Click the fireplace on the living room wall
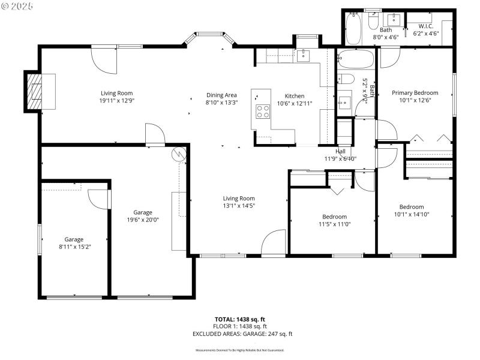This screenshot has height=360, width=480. pos(35,92)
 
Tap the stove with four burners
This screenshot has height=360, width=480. pos(263,111)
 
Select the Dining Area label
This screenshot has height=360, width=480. pos(222,95)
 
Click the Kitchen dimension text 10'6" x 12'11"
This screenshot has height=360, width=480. pos(294,104)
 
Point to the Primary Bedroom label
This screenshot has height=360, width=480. pos(415,93)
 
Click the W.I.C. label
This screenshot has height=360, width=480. pos(426,26)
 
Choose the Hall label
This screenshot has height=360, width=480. pos(340,151)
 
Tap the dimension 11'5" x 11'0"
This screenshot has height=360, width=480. pos(334,224)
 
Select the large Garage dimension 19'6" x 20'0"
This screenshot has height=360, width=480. pos(142,220)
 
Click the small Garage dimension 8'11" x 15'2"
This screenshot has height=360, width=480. pos(74,247)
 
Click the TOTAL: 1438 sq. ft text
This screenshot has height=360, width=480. pos(240,319)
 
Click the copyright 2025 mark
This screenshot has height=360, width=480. pos(17,5)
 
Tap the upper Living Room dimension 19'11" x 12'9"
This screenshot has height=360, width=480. pos(116,101)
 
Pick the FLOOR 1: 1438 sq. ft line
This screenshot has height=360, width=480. pos(240,326)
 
